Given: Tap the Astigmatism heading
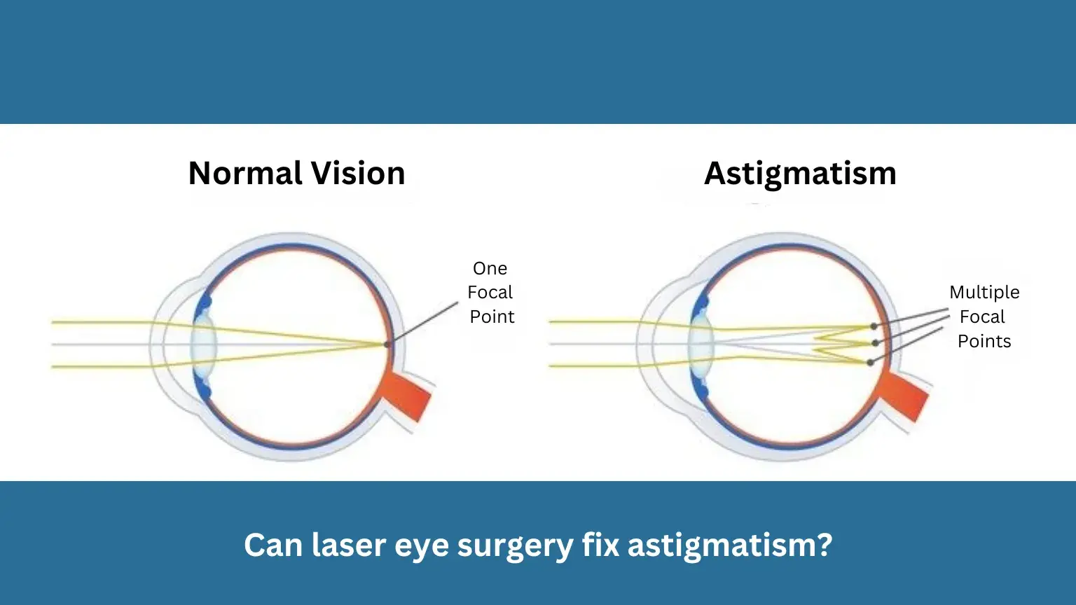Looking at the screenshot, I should pos(800,173).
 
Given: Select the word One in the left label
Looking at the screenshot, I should pos(490,268).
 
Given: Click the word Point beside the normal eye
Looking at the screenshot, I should pos(492,317).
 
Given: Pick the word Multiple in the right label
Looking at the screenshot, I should pos(984,292).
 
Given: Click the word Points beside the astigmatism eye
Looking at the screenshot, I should pos(984,341).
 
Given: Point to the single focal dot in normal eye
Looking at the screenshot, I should pos(387,344).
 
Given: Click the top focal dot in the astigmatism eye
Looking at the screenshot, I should pos(874,326).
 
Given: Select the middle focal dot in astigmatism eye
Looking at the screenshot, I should pos(875,343).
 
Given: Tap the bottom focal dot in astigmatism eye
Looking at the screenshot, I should pos(870,362).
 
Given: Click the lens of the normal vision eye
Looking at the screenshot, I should pos(205,344).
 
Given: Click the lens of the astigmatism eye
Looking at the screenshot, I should pos(701,344).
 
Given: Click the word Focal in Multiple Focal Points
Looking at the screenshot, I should pos(982,317).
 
